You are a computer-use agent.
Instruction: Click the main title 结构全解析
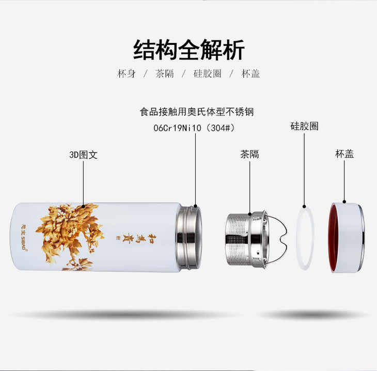click(189, 50)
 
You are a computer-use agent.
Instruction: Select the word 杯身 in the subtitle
click(127, 73)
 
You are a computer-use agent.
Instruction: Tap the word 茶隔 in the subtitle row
click(164, 73)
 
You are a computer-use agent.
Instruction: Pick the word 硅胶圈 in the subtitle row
click(207, 73)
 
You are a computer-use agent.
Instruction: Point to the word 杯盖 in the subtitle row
click(250, 73)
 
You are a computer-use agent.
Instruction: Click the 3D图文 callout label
click(83, 154)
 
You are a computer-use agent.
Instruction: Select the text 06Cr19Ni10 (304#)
click(194, 128)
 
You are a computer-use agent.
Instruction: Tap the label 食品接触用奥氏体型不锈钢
click(197, 112)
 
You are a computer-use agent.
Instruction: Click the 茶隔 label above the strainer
click(249, 154)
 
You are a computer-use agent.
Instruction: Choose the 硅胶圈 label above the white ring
click(304, 126)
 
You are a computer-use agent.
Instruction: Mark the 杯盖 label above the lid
click(344, 154)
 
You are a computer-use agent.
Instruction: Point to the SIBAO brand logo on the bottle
click(24, 238)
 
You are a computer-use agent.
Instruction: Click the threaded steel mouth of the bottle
click(189, 237)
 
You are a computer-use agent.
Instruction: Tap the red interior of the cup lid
click(333, 238)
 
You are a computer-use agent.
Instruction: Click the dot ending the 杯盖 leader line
click(344, 202)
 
